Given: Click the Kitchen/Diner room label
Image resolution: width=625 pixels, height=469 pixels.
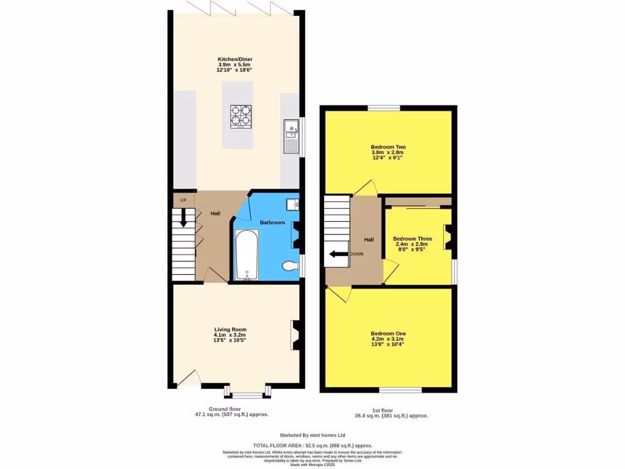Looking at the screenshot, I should pyautogui.click(x=235, y=59).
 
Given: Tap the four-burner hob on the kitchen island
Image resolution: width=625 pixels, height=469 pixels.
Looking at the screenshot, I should pyautogui.click(x=241, y=116).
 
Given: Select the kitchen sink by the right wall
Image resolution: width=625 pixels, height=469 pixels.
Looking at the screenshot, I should pyautogui.click(x=290, y=136).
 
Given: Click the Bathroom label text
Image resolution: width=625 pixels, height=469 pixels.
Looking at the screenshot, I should pyautogui.click(x=272, y=223).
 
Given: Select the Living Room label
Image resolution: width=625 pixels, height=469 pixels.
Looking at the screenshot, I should pyautogui.click(x=230, y=330).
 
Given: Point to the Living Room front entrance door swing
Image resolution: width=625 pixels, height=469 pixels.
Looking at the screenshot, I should pyautogui.click(x=187, y=379).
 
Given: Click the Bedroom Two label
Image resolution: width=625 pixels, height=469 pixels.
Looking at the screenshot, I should pyautogui.click(x=388, y=147).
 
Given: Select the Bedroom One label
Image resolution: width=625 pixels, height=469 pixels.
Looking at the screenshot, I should pyautogui.click(x=388, y=333).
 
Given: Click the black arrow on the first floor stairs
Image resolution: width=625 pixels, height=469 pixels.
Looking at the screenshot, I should pyautogui.click(x=335, y=254).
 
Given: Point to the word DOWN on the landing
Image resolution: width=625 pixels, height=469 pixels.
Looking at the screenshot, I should pyautogui.click(x=356, y=254).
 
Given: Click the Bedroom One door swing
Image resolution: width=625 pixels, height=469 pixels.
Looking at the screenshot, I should pyautogui.click(x=340, y=294).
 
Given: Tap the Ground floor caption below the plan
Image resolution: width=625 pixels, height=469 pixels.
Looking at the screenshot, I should pyautogui.click(x=227, y=409).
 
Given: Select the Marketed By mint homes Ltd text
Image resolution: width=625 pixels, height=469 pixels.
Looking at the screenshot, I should pyautogui.click(x=312, y=435).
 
